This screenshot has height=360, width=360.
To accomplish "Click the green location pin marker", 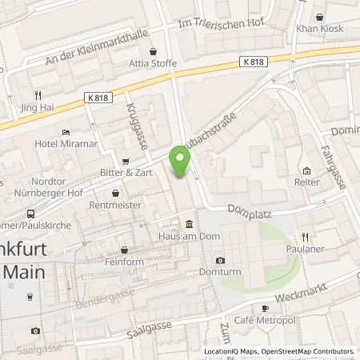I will [x=180, y=162].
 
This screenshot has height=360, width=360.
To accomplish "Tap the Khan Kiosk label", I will [x=319, y=27].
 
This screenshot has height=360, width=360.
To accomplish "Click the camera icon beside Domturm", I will [x=220, y=260].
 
